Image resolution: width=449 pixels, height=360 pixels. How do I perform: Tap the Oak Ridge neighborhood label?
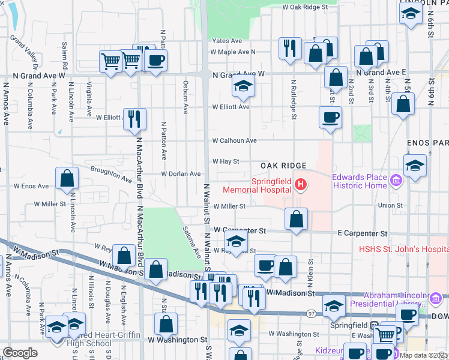click(284, 165)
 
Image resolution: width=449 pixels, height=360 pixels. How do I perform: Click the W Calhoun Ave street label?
click(235, 140)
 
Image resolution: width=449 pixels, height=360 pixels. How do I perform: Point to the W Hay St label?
click(226, 161)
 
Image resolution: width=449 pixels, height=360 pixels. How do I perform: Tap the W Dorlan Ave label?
click(181, 174)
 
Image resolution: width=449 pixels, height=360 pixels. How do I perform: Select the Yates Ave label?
click(226, 41)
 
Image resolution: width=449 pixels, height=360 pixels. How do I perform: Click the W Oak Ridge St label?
click(305, 7)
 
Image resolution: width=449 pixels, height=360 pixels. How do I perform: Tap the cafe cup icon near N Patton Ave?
click(155, 60)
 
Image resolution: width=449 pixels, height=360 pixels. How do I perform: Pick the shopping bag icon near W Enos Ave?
click(67, 178)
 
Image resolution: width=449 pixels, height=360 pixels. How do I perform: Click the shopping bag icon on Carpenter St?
click(296, 219)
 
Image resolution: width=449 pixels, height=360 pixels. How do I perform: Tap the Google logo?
click(20, 352)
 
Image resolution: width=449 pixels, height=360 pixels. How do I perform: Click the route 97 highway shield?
click(310, 314)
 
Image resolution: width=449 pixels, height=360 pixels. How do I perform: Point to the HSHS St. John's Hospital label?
click(402, 249)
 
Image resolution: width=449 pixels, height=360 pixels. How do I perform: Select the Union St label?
click(390, 206)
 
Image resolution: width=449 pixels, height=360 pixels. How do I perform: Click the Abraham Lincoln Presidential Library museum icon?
click(436, 296)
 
